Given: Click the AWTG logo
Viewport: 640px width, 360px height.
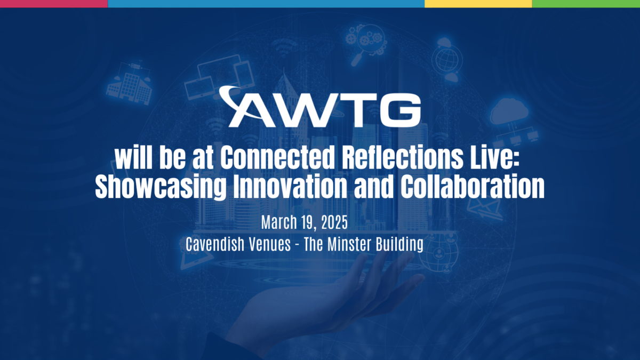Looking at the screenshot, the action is (x=320, y=107).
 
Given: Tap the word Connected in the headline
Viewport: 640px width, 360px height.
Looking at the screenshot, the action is (x=277, y=158).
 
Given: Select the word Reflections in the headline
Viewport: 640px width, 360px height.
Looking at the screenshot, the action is (x=403, y=158).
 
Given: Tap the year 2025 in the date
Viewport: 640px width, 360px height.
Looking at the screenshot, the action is (x=334, y=222).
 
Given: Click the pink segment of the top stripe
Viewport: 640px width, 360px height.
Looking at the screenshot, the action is (x=54, y=4).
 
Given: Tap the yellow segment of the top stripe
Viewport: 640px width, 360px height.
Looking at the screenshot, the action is (x=478, y=4).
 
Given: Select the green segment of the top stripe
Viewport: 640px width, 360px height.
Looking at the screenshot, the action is (x=586, y=4).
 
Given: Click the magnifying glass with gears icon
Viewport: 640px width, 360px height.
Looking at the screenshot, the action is (x=366, y=43).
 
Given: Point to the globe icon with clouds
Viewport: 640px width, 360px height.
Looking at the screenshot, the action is (x=446, y=60).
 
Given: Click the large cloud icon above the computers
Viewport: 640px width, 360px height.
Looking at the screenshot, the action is (x=509, y=111).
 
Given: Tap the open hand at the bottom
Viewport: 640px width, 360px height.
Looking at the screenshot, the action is (x=323, y=303).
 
